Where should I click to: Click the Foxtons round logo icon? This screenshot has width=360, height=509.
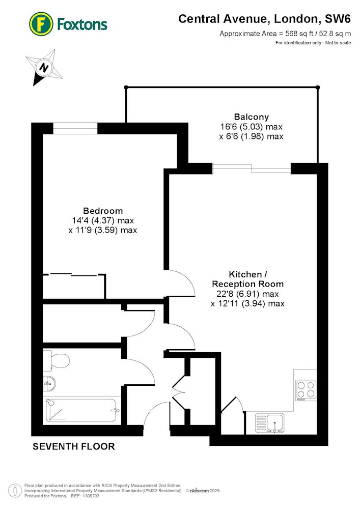tap(41, 24)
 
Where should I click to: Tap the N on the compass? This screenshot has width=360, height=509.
tap(43, 68)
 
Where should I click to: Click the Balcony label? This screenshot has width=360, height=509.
tap(252, 117)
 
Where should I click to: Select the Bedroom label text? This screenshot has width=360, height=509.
tap(103, 211)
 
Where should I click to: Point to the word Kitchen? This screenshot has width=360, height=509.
tap(245, 274)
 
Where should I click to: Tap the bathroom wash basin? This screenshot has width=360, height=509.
tap(49, 384)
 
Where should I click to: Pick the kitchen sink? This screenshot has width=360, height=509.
tap(269, 423)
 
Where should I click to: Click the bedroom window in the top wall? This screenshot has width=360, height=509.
tap(75, 128)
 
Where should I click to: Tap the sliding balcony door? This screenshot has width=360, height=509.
tap(252, 168)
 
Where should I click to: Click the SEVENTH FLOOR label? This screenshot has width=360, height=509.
tap(74, 447)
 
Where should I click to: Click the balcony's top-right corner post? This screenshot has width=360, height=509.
tap(318, 87)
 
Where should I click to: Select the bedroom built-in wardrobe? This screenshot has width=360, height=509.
tap(74, 286)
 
